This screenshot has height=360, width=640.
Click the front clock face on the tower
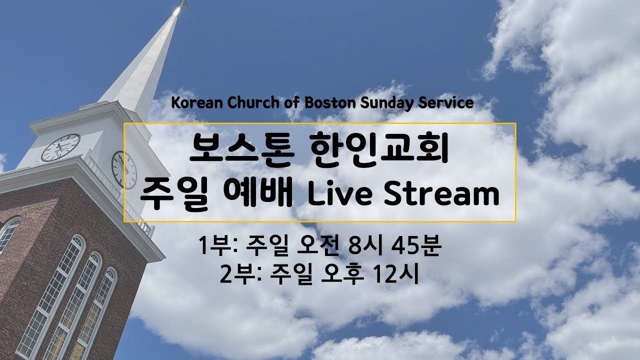(x=60, y=147)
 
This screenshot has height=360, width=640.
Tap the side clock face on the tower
(x=123, y=169)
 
